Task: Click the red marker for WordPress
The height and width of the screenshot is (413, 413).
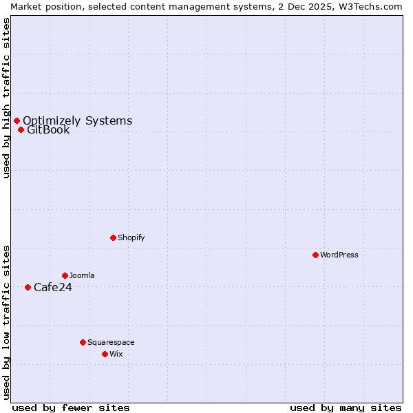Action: point(315,255)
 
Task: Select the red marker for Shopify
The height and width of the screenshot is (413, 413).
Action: point(113,237)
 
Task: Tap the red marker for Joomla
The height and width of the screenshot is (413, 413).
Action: point(65,275)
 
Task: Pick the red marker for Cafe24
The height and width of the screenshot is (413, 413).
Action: point(28,287)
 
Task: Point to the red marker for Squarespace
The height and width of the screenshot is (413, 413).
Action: point(83,342)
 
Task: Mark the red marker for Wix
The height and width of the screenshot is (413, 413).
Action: point(105,354)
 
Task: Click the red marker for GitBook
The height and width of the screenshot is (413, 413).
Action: point(21,129)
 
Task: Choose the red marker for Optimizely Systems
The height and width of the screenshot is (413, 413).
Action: point(17,121)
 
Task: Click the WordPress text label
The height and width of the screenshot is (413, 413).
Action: point(339,255)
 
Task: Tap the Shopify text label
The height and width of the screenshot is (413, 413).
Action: point(131,237)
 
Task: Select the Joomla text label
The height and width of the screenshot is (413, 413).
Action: point(82,275)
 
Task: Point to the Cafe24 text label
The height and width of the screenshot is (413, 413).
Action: point(53,287)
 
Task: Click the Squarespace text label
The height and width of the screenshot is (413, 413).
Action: point(111,342)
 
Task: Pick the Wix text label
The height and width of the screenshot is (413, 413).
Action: point(116,354)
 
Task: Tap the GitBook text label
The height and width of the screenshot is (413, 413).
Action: point(48,129)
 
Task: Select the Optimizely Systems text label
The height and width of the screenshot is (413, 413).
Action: point(77,121)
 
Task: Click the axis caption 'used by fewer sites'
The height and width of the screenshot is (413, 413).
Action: point(71,407)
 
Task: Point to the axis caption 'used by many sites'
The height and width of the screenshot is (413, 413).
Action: point(346,407)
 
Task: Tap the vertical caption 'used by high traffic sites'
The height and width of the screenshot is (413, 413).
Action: point(6,98)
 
